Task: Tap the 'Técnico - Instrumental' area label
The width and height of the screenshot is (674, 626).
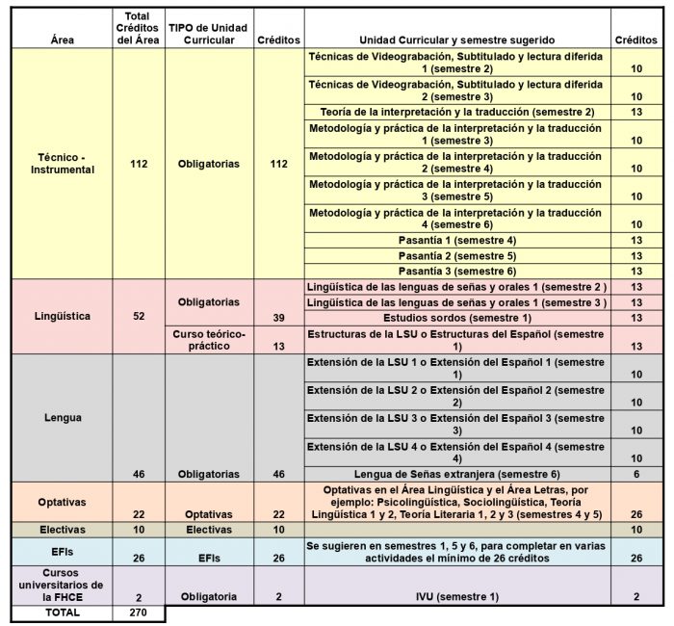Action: point(62,164)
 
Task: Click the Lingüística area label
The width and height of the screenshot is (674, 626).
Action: point(62,315)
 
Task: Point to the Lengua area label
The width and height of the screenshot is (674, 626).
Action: point(62,418)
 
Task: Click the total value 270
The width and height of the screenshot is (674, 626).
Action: point(139,613)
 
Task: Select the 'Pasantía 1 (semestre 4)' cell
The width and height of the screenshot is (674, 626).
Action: point(456,239)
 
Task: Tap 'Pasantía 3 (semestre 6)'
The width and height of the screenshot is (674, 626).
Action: point(456,271)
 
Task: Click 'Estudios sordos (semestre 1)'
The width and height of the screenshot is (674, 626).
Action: point(456,318)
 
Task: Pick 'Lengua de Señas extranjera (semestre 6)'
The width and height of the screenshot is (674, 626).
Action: point(456,474)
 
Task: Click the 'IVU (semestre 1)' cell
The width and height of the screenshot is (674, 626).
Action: point(456,597)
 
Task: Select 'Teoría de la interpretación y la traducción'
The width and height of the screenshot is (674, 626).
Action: point(456,113)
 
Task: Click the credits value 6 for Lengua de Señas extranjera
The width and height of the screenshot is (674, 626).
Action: point(635,474)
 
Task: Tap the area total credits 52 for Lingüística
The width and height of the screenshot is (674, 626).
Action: point(139,315)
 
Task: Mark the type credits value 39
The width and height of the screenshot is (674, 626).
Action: point(278,318)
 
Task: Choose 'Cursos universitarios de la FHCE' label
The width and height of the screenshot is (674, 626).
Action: point(62,585)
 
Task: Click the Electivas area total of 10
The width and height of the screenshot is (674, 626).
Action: point(139,529)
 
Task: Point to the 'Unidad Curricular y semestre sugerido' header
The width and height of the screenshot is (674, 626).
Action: point(456,40)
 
